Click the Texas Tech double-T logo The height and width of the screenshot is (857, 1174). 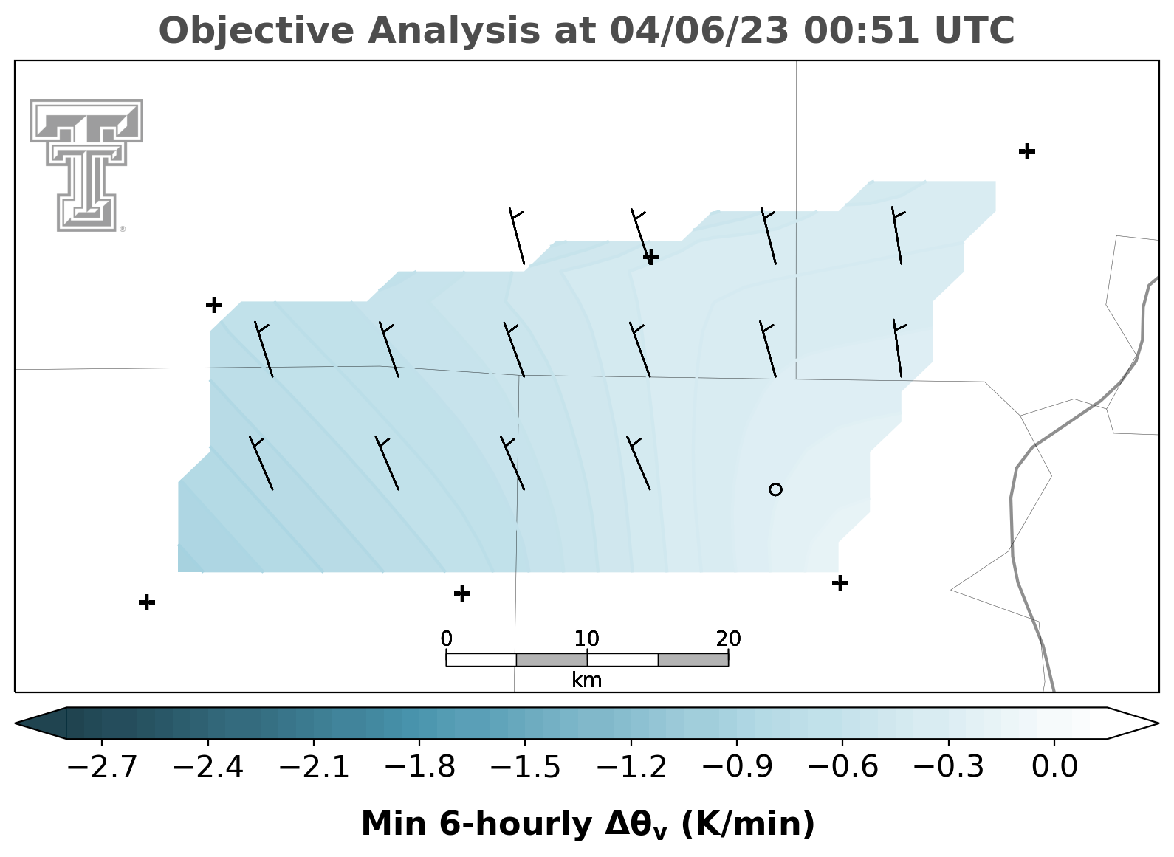pos(86,165)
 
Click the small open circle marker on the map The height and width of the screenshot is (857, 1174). pos(776,489)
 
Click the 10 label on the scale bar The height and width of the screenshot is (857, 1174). pos(586,639)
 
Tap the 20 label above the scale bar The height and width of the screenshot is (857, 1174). pos(729,639)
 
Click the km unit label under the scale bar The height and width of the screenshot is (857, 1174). pos(586,681)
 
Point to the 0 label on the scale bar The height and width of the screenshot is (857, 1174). pos(446,639)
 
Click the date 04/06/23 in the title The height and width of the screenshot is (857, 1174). pos(699,31)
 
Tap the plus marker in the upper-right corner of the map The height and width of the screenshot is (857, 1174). pos(1027,151)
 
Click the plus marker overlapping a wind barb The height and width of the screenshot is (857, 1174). pos(651,257)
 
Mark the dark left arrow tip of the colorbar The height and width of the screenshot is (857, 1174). pos(16,723)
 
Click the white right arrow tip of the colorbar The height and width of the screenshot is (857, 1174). pos(1158,723)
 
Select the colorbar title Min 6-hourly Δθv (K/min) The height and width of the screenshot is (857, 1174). pos(588,825)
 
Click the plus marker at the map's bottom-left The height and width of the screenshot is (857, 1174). pos(147,602)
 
